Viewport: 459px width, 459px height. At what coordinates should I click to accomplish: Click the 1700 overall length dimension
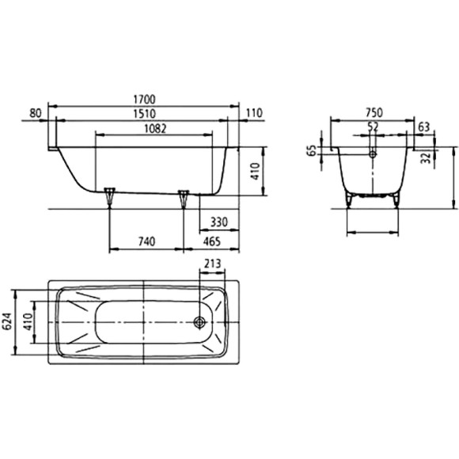(x=144, y=100)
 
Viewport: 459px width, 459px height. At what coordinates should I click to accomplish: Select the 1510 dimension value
(x=144, y=114)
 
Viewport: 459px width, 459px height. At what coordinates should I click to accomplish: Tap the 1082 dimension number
(x=155, y=128)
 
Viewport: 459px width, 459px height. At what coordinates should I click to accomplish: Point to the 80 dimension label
(x=36, y=113)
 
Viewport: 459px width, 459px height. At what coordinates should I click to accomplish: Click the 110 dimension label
(x=254, y=113)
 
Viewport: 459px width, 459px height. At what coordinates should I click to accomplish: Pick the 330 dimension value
(x=219, y=222)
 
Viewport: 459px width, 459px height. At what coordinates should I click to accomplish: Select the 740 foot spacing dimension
(x=146, y=242)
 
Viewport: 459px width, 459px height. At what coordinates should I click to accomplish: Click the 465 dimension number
(x=211, y=242)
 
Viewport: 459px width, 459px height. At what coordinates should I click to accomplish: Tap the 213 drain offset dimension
(x=212, y=264)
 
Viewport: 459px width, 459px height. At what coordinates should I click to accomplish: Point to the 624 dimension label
(x=7, y=322)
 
